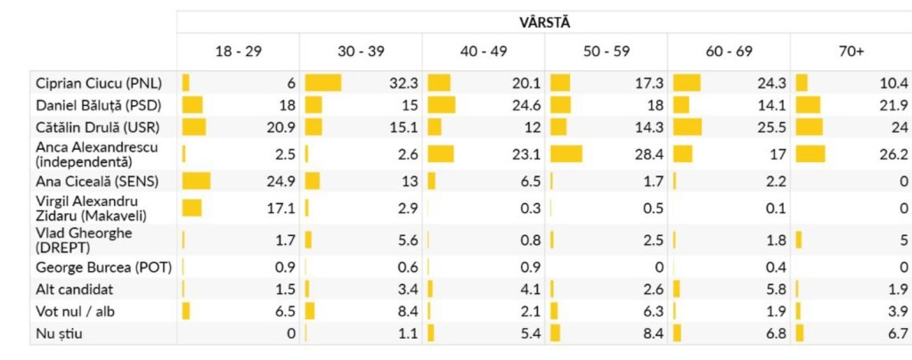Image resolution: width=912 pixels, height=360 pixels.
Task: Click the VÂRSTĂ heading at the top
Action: [x=544, y=21]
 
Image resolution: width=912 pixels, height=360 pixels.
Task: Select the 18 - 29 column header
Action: [x=239, y=53]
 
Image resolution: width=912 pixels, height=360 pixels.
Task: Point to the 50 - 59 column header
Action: [x=606, y=53]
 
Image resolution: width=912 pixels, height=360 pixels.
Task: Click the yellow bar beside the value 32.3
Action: [x=323, y=83]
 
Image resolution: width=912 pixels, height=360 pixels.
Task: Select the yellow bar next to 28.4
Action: [x=566, y=153]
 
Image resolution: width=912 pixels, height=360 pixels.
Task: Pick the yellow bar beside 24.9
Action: [x=196, y=182]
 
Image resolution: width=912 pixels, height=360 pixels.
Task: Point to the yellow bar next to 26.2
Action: [x=810, y=153]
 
